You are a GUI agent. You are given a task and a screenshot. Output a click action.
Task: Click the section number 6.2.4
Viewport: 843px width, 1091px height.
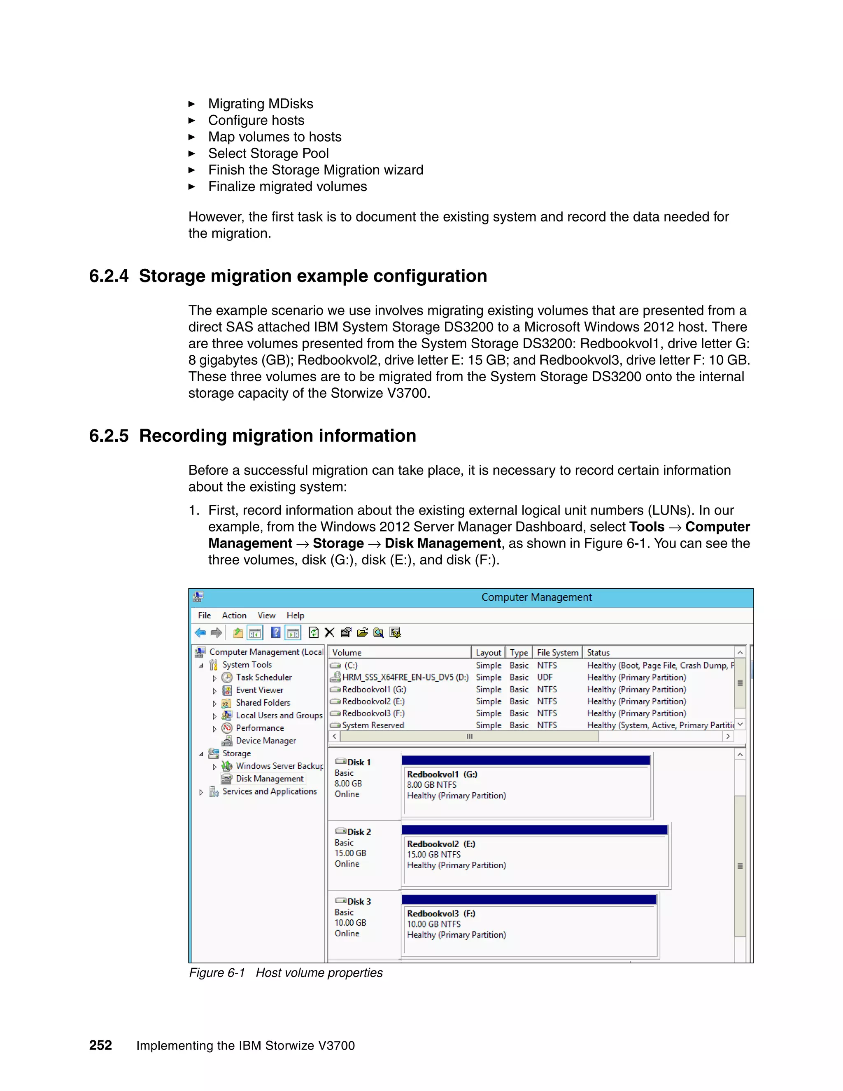(x=108, y=276)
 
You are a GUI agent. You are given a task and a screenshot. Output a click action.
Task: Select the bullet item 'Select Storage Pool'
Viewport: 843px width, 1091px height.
(x=268, y=154)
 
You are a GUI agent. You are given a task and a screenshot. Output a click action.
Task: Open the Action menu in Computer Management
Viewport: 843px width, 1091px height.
(x=234, y=615)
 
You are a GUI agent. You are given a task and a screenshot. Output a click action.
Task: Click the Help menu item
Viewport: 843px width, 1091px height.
(x=295, y=615)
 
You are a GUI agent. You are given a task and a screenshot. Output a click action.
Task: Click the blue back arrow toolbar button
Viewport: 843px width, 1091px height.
(x=200, y=633)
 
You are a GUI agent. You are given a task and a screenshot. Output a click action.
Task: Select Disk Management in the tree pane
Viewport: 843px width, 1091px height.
(x=269, y=779)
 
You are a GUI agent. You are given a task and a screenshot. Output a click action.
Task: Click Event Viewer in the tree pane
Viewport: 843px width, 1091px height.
(x=259, y=690)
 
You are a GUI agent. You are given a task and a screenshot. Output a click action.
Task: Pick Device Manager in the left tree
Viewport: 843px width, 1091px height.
(x=265, y=741)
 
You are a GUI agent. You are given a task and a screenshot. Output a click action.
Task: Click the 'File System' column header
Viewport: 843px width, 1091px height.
(x=557, y=653)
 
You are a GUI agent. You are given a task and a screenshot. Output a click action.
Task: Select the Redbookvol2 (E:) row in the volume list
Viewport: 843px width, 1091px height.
(x=373, y=702)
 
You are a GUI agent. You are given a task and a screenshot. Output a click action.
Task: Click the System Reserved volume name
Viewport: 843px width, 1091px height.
(x=373, y=725)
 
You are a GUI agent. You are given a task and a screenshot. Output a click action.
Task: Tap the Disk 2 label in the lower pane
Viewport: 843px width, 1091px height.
(x=359, y=832)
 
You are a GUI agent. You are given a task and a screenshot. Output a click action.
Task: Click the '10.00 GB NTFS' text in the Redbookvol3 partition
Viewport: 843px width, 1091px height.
(x=433, y=924)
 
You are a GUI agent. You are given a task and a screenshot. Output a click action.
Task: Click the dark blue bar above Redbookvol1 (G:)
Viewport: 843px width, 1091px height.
(x=525, y=760)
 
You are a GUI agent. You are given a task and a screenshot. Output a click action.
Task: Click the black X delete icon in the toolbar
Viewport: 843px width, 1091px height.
(x=330, y=633)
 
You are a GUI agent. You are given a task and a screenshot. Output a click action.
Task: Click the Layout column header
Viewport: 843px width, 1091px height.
(x=488, y=653)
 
